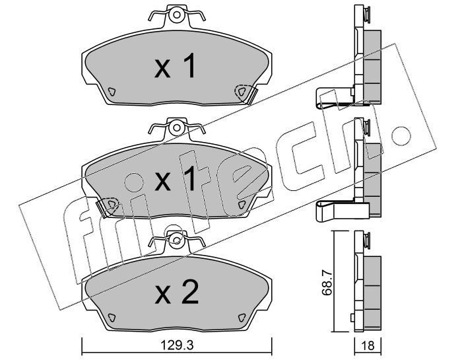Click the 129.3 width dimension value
177,345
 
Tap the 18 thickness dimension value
368,345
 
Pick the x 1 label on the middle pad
176,178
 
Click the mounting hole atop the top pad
176,15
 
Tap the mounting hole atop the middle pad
176,127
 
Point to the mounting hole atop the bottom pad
176,240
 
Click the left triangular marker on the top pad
112,92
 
